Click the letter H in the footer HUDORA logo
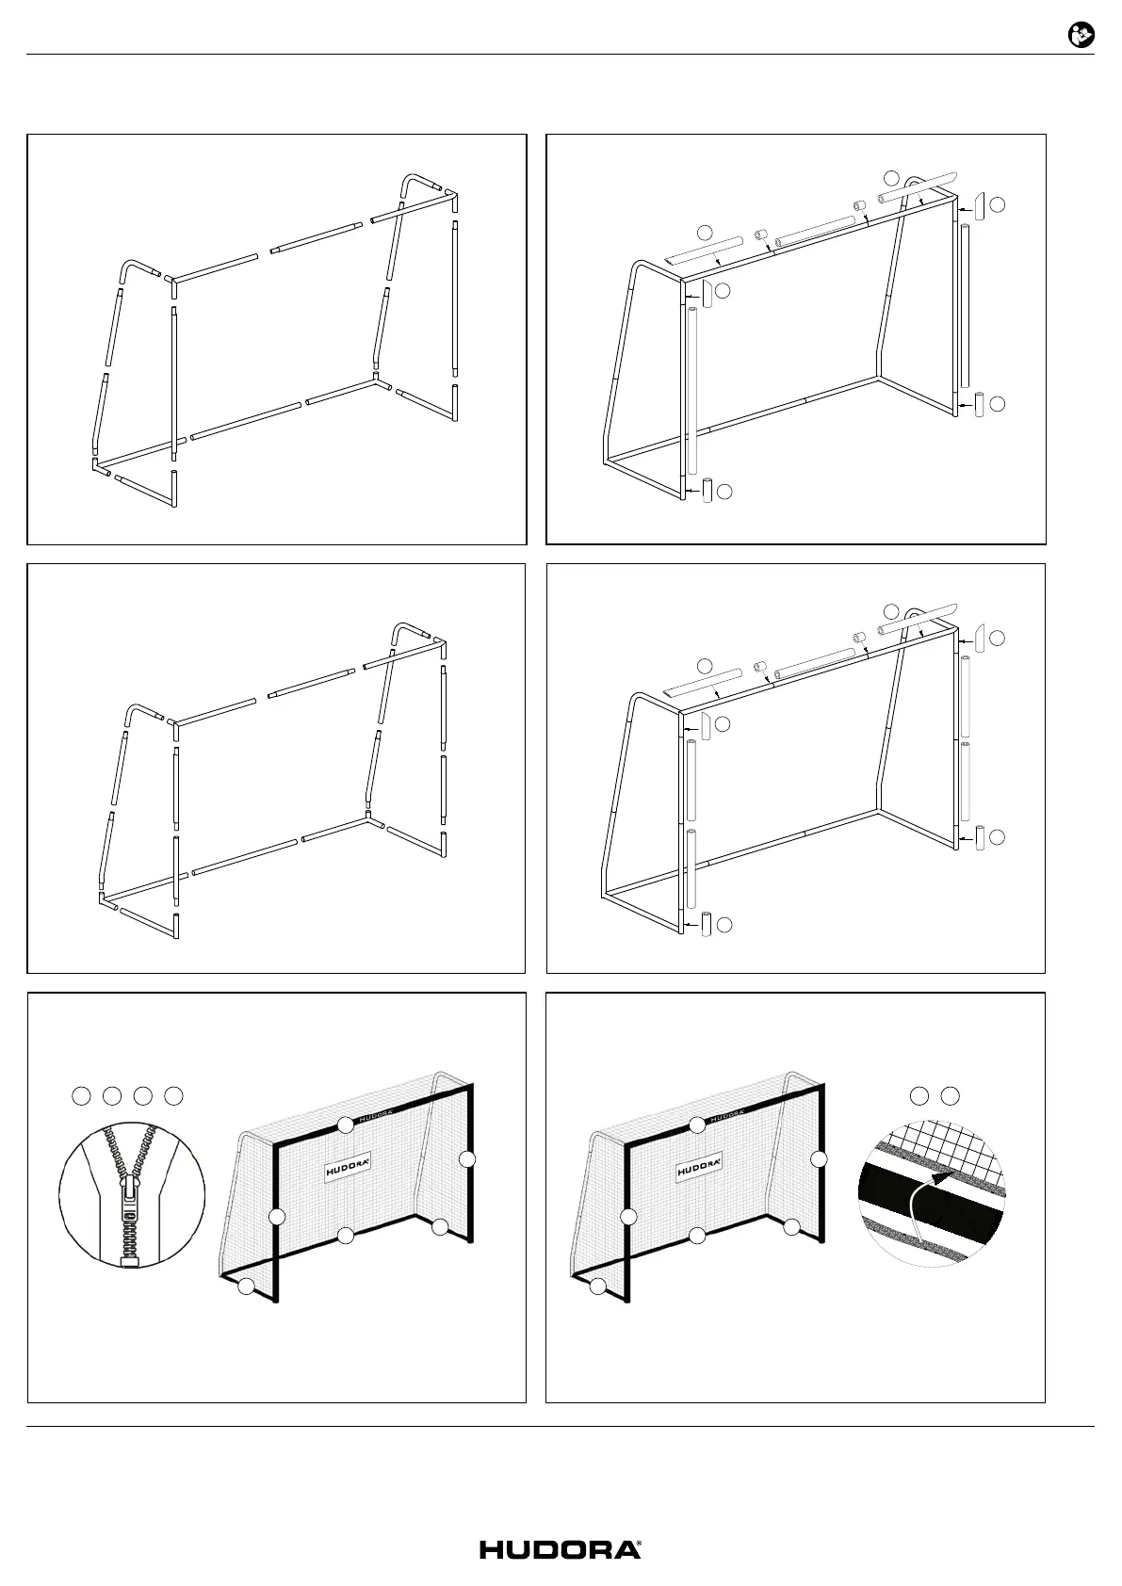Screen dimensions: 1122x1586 493,1550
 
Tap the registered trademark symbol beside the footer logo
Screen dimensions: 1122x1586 640,1545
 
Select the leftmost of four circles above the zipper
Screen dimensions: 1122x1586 82,1095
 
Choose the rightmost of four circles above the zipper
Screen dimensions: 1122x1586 173,1095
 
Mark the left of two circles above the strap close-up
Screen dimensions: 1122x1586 919,1095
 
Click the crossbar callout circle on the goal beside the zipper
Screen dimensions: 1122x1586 346,1124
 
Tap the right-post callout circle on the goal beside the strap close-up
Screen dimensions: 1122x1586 819,1159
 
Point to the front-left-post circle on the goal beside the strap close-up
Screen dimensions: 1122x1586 628,1217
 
